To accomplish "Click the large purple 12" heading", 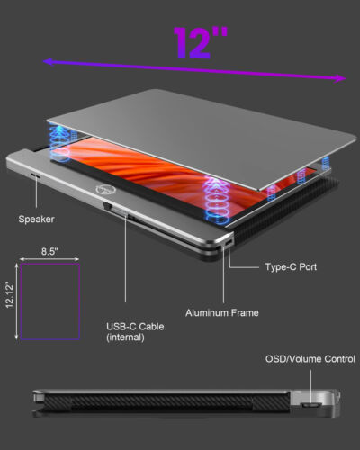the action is click(x=201, y=42).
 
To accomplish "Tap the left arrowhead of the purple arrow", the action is click(x=47, y=61).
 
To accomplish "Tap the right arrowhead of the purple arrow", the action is click(x=340, y=78).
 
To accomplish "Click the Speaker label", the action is click(x=36, y=219).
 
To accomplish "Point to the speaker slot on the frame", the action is click(x=36, y=175).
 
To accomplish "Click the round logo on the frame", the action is click(x=102, y=190).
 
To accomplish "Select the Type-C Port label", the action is click(x=291, y=266).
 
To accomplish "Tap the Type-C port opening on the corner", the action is click(x=229, y=242).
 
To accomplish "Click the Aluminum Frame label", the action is click(x=222, y=312).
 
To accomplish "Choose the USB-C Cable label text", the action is click(x=135, y=327).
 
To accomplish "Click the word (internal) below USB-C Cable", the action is click(x=125, y=337).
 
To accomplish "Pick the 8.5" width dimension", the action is click(x=49, y=251).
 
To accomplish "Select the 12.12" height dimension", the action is click(x=10, y=295).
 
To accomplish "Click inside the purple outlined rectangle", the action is click(x=49, y=301).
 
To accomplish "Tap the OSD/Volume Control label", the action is click(x=310, y=359).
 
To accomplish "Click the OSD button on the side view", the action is click(x=310, y=405).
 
